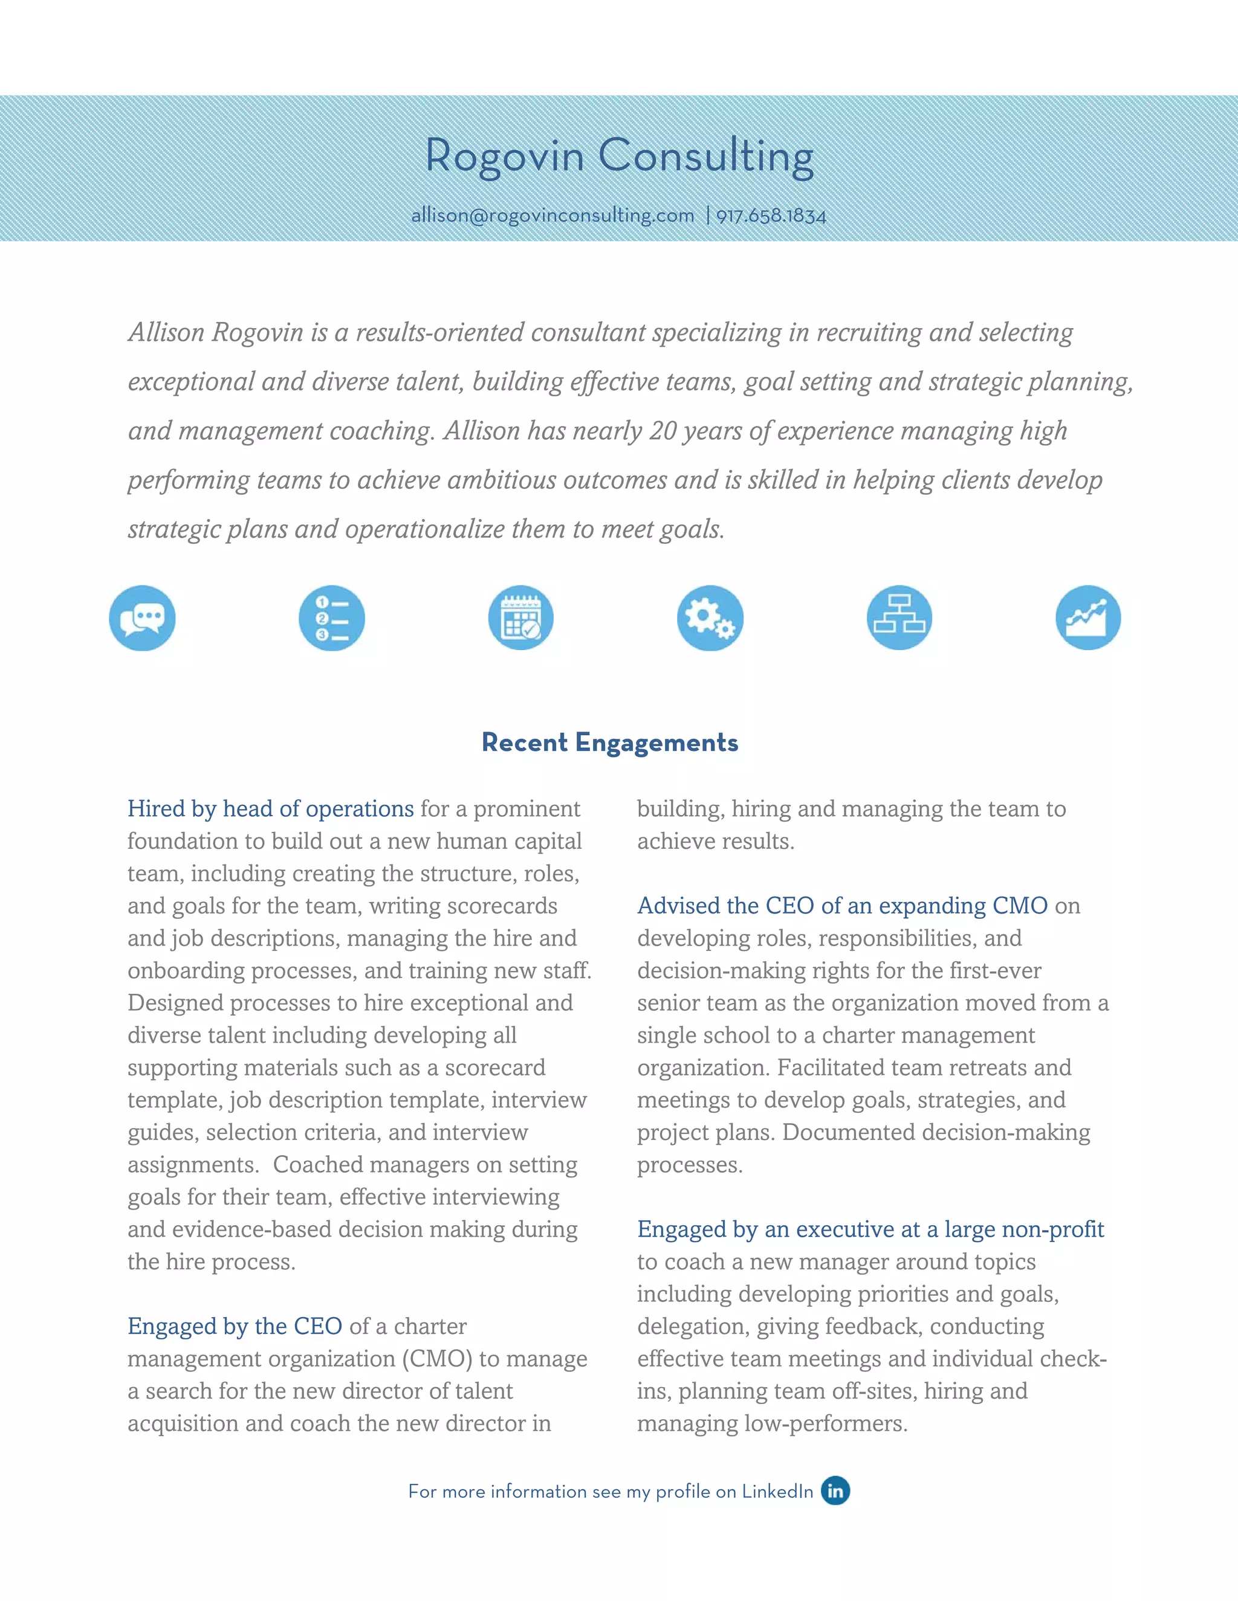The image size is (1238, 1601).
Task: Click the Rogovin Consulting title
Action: [x=619, y=156]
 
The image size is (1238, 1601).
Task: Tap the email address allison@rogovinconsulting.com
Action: [x=553, y=216]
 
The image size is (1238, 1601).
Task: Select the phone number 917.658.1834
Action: [x=771, y=216]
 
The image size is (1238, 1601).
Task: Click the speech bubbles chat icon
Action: [x=142, y=618]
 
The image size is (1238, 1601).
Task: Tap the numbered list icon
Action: [x=331, y=618]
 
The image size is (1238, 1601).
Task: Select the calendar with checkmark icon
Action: [x=520, y=618]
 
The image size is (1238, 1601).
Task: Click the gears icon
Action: [x=710, y=618]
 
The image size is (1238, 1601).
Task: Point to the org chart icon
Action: [x=899, y=618]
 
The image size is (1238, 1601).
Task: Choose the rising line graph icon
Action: [x=1088, y=618]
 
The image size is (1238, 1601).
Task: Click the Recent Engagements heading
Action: [x=609, y=743]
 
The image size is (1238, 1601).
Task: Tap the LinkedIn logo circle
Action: [x=835, y=1490]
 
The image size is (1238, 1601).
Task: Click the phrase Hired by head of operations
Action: [x=271, y=808]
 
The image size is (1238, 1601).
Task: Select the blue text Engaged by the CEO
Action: [x=235, y=1326]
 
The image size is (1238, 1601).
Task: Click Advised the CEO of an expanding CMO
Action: [x=842, y=906]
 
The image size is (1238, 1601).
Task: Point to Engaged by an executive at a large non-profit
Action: [x=870, y=1229]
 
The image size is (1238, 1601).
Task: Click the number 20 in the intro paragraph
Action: [x=663, y=431]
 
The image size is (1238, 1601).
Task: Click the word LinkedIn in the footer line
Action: [x=777, y=1492]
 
